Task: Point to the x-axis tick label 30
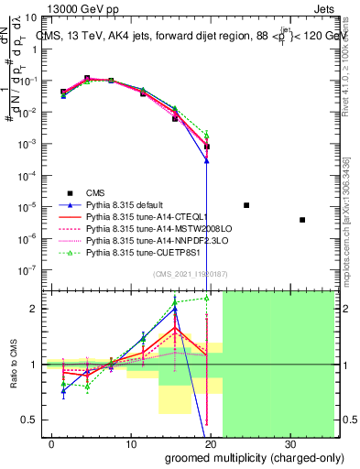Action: click(x=290, y=442)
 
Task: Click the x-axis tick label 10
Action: click(x=131, y=442)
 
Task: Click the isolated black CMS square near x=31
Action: click(x=302, y=220)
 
